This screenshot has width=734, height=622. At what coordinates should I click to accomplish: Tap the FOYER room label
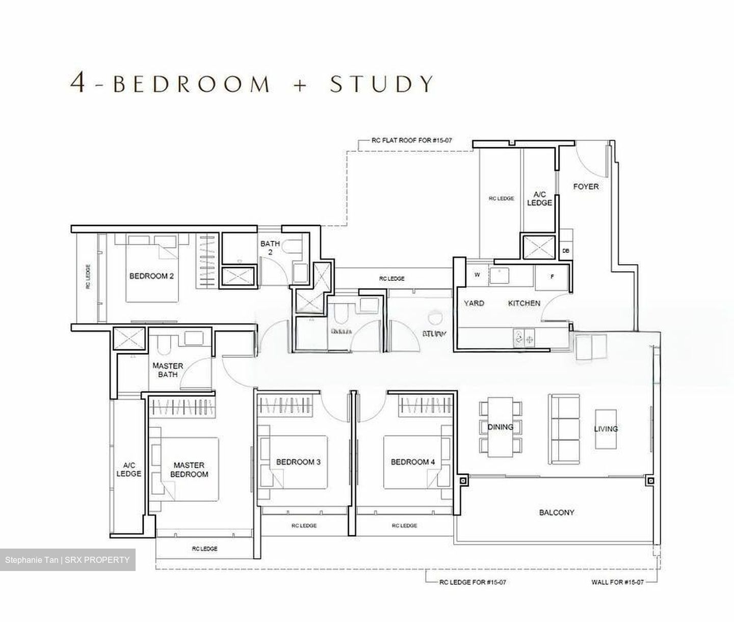point(586,187)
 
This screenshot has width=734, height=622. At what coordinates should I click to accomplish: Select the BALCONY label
point(557,512)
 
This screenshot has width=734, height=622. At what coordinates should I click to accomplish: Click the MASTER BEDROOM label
point(189,470)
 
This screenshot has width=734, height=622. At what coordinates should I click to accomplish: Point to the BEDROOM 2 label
point(151,276)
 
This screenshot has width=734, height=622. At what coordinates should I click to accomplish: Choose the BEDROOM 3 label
point(298,462)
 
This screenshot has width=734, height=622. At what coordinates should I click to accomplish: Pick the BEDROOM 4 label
point(413,462)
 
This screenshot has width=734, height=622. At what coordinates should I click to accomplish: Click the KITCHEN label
point(524,303)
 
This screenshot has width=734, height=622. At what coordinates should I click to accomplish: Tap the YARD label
point(474,303)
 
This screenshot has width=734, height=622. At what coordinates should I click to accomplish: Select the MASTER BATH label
point(168,370)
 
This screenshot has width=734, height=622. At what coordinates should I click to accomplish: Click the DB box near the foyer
point(566,251)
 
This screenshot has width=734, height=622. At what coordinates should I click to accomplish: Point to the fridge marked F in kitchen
point(552,276)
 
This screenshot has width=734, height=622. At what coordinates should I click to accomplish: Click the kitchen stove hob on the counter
point(524,337)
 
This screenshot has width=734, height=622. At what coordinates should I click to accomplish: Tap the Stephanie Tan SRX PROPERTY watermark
point(67,560)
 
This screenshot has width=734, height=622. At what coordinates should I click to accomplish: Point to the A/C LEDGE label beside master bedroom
point(128,470)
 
